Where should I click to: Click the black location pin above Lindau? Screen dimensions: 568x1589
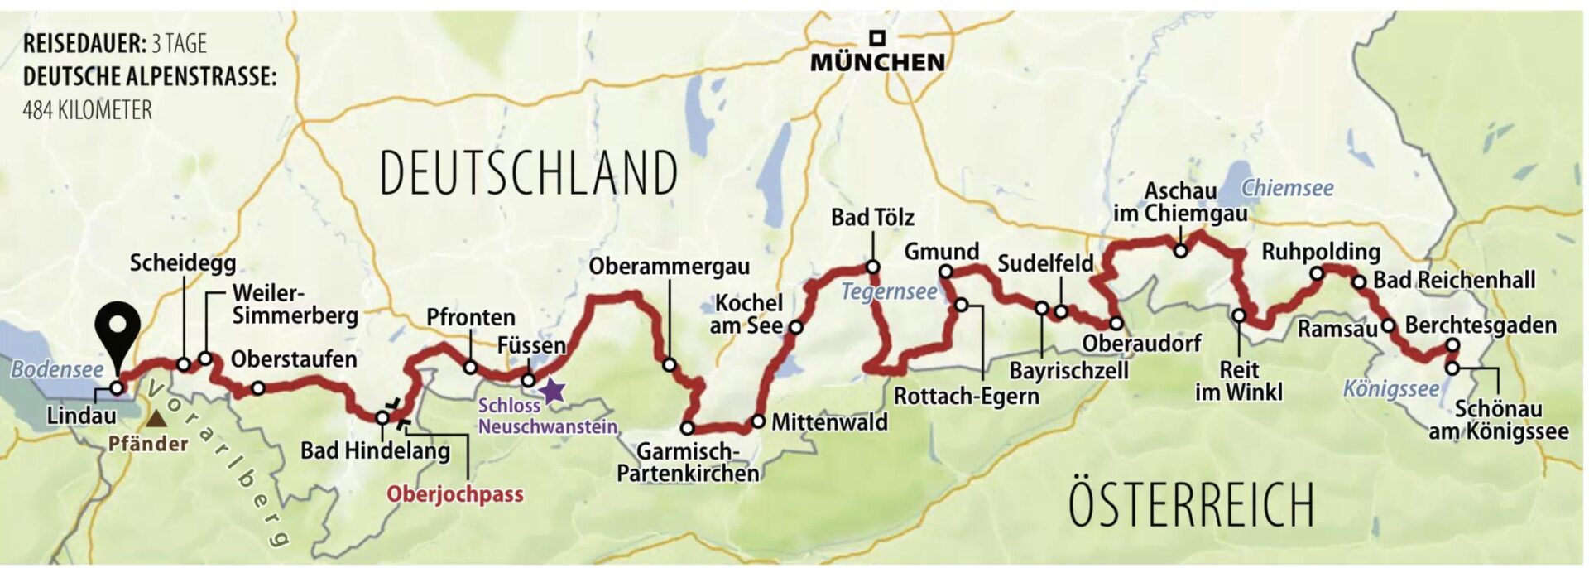click(x=117, y=327)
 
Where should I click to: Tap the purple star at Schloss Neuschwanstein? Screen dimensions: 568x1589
click(x=552, y=390)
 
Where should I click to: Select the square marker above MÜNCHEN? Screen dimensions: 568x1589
click(x=876, y=38)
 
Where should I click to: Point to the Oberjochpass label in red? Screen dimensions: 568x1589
click(x=455, y=494)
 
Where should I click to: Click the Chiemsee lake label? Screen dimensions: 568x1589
click(x=1287, y=188)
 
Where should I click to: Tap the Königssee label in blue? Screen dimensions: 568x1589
click(x=1390, y=388)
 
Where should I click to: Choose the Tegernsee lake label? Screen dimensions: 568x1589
click(x=889, y=291)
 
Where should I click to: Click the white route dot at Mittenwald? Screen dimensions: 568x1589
click(x=758, y=421)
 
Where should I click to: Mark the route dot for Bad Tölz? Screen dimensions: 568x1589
click(x=871, y=267)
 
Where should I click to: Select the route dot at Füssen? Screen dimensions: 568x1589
click(x=527, y=380)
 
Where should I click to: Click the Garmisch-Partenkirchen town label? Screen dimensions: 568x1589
click(x=688, y=462)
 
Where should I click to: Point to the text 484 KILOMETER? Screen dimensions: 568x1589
click(x=88, y=109)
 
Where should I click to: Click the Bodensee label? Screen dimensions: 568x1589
click(x=57, y=368)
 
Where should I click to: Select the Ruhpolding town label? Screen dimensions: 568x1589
click(x=1321, y=251)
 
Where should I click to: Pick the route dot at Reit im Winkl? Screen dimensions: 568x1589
click(x=1239, y=315)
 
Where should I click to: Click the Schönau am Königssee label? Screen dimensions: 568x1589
click(x=1498, y=420)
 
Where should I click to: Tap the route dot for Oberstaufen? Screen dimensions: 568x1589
click(x=258, y=387)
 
